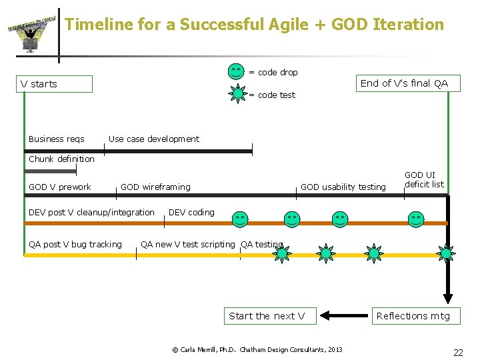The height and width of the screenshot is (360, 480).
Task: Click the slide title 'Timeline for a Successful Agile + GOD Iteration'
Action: coord(254,25)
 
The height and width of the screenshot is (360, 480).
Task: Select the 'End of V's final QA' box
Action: coord(405,83)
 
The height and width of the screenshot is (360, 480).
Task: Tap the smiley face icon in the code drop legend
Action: coord(236,71)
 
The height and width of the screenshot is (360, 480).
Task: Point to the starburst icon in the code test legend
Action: coord(237,94)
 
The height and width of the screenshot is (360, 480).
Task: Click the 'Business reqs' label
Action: coord(57,139)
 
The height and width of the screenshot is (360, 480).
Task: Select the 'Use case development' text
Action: coord(153,139)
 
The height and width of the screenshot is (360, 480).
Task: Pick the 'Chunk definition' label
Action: coord(61,159)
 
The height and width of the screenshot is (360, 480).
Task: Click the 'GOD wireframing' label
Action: coord(155,187)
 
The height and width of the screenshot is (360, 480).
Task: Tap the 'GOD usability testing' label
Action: coord(343,187)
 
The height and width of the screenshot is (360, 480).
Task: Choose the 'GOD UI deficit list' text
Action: coord(424,180)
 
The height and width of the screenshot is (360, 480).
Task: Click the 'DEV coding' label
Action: coord(192,213)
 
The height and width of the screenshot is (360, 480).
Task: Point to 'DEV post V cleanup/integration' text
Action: coord(91,213)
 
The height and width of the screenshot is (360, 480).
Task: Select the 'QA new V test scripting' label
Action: coord(187,245)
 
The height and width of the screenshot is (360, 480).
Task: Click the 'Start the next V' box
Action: coord(267,316)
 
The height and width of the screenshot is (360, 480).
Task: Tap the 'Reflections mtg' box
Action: coord(413,316)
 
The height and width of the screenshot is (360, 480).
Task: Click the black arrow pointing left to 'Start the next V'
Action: coord(344,315)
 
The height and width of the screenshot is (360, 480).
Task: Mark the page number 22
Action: coord(458,353)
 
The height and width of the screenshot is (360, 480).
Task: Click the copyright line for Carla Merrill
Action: coord(257,349)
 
